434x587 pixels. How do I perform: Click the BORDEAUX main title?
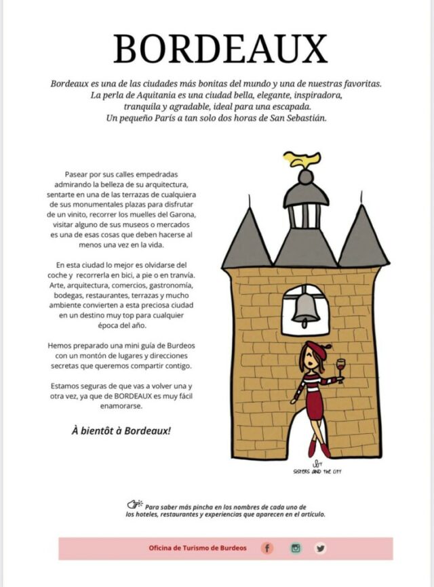[220, 49]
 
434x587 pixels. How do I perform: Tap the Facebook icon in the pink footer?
[268, 548]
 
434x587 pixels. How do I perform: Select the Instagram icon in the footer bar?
[295, 548]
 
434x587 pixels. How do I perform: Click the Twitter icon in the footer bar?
[320, 548]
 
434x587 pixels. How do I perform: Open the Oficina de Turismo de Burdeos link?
[198, 548]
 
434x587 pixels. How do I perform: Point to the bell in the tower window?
[305, 308]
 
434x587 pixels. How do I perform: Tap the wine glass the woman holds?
[340, 371]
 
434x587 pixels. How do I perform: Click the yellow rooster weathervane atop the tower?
[302, 160]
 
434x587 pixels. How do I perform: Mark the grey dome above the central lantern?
[306, 194]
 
